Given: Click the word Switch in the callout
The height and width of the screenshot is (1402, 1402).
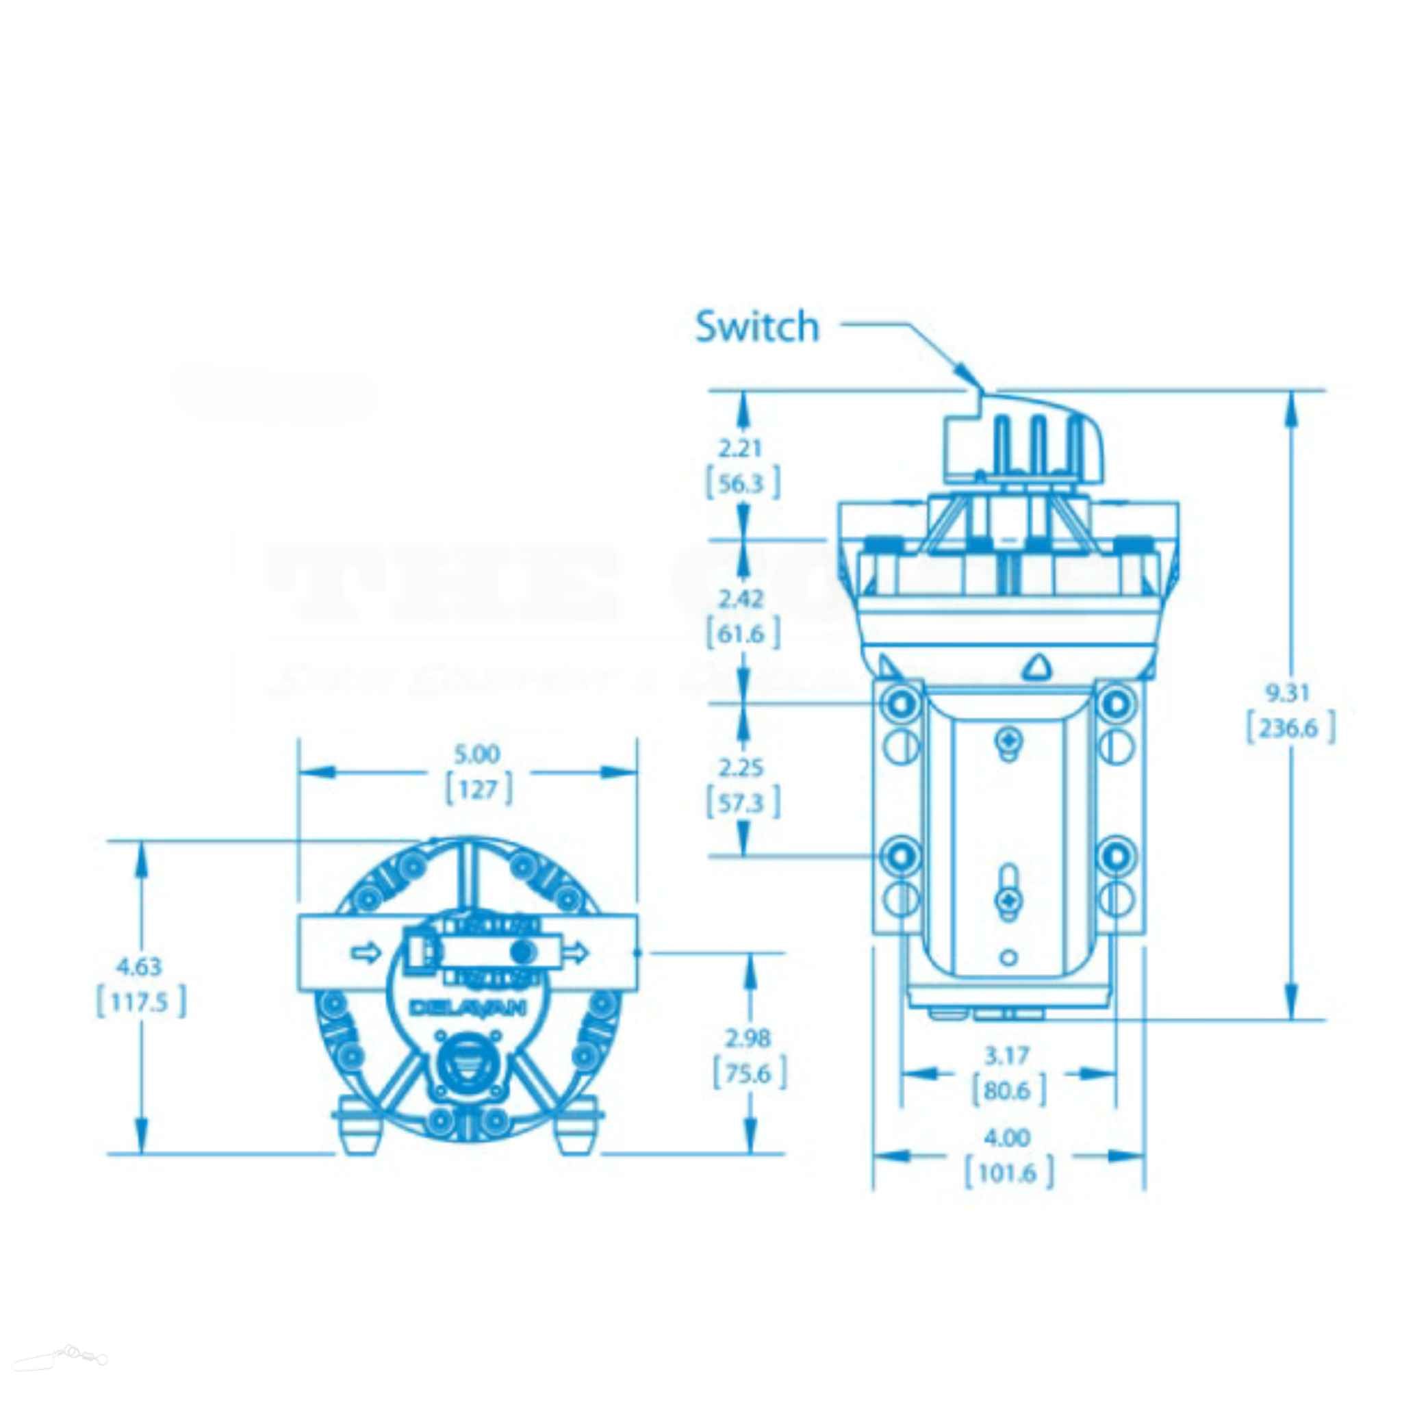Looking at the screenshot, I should point(757,327).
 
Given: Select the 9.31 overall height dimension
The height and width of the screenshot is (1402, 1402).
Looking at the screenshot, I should point(1288,693).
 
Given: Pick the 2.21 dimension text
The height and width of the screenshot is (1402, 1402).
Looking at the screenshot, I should point(740,448).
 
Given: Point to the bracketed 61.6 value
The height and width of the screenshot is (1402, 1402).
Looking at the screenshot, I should point(743,633).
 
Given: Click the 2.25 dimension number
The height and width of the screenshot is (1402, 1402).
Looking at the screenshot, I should point(740,767).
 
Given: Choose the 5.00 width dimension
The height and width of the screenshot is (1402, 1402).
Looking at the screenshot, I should point(476,754).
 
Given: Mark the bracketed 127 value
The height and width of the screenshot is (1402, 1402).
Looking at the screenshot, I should point(479,789).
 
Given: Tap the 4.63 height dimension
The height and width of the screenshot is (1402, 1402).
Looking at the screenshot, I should point(140,967).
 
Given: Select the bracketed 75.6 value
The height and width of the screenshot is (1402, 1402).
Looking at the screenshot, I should point(749,1073).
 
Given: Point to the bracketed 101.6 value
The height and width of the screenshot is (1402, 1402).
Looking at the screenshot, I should point(1008,1173).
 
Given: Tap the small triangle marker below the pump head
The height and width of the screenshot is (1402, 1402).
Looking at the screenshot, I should point(1038,665).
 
